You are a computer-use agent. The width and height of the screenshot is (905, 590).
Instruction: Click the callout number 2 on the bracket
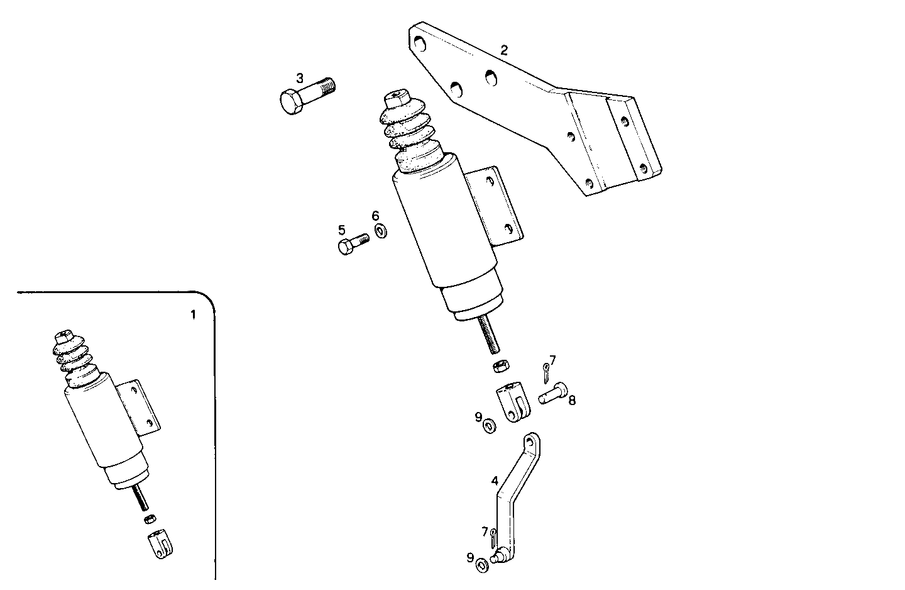point(504,50)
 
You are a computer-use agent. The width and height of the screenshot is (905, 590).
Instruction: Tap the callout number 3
point(300,78)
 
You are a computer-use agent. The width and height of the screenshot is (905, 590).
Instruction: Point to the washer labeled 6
point(380,231)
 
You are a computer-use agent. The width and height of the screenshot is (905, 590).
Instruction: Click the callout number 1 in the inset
point(193,314)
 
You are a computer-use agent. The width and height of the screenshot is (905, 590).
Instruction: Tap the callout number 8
point(572,399)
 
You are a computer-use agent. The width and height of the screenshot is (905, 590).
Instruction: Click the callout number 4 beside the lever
point(495,481)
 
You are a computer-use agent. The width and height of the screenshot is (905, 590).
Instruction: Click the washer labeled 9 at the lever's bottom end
point(482,564)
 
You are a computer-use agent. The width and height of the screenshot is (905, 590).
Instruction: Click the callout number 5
point(342,230)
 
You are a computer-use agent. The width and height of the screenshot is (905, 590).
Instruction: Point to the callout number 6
point(376,216)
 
